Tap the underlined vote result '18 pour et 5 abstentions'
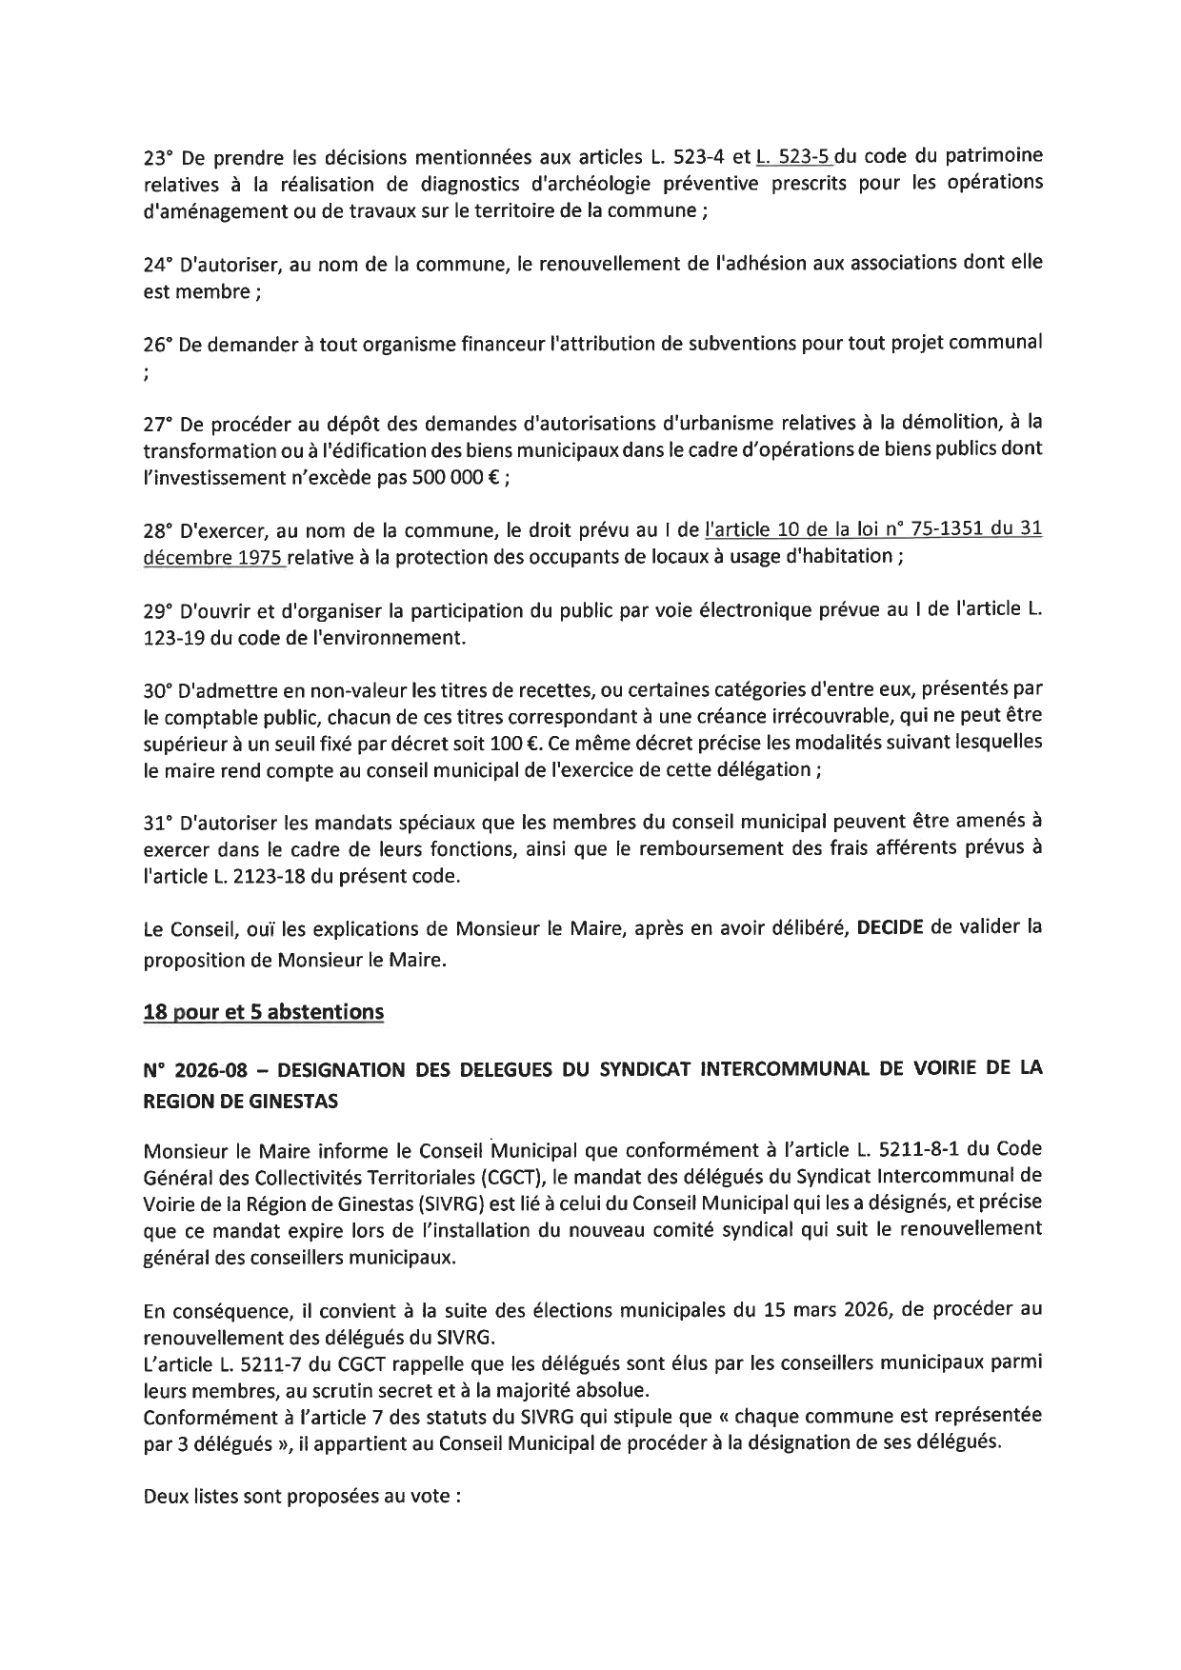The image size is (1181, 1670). [263, 1012]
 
